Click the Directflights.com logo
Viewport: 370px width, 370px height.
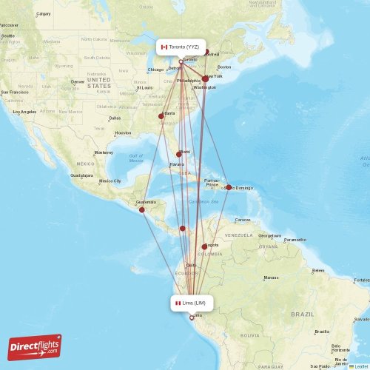point(35,346)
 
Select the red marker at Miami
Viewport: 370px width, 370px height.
point(178,154)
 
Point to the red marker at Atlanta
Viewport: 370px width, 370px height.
point(161,116)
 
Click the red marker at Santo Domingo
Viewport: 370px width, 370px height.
point(229,187)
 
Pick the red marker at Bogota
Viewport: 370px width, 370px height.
point(204,246)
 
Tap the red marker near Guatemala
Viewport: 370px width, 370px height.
point(142,209)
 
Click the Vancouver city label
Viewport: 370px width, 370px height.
point(10,25)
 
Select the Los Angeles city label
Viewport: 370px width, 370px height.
point(24,112)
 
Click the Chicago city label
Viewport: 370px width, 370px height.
point(155,70)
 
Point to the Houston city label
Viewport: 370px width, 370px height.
point(123,133)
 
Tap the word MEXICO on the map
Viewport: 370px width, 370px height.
point(85,164)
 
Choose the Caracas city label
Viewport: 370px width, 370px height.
point(243,220)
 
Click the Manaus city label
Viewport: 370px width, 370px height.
point(270,278)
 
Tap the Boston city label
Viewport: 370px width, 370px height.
point(224,67)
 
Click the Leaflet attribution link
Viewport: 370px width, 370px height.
point(360,366)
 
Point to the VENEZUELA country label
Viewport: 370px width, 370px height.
point(239,235)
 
